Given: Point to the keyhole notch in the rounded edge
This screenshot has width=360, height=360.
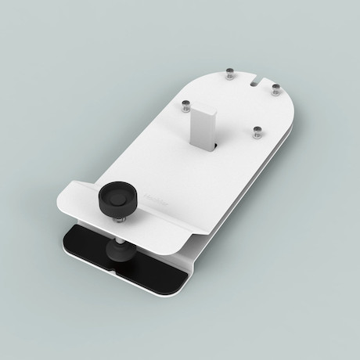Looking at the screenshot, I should click(x=257, y=80).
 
